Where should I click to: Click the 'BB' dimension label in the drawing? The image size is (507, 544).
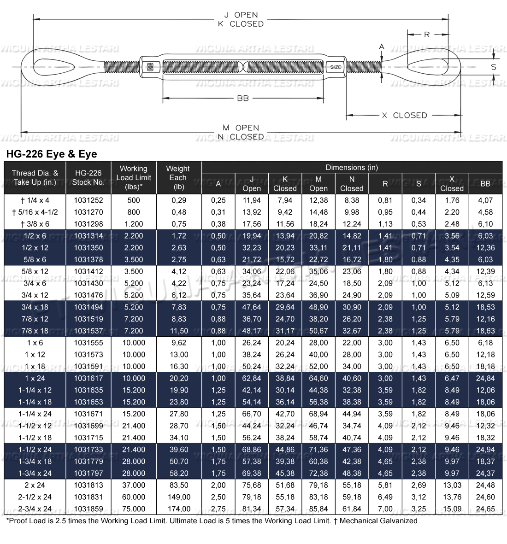(x=242, y=98)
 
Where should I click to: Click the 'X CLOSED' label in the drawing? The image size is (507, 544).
(x=404, y=115)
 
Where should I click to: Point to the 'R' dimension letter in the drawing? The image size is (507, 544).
(x=427, y=35)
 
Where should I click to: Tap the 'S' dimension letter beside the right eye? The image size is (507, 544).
(x=494, y=67)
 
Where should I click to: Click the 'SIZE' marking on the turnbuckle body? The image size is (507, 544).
(x=336, y=67)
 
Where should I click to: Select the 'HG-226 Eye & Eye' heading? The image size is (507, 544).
(x=51, y=154)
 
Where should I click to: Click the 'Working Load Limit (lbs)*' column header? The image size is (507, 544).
(x=133, y=178)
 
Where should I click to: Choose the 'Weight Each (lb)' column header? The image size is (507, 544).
(x=178, y=178)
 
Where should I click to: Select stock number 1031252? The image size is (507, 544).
(x=88, y=200)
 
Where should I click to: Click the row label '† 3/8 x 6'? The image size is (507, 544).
(x=35, y=224)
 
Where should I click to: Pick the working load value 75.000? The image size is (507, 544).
(x=133, y=509)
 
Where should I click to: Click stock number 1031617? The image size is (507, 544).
(x=88, y=378)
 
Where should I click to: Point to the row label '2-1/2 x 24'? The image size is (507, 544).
(x=35, y=497)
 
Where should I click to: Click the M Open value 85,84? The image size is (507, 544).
(x=318, y=509)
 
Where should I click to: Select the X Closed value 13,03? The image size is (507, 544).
(x=452, y=485)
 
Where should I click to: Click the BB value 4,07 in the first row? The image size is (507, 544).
(x=485, y=200)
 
